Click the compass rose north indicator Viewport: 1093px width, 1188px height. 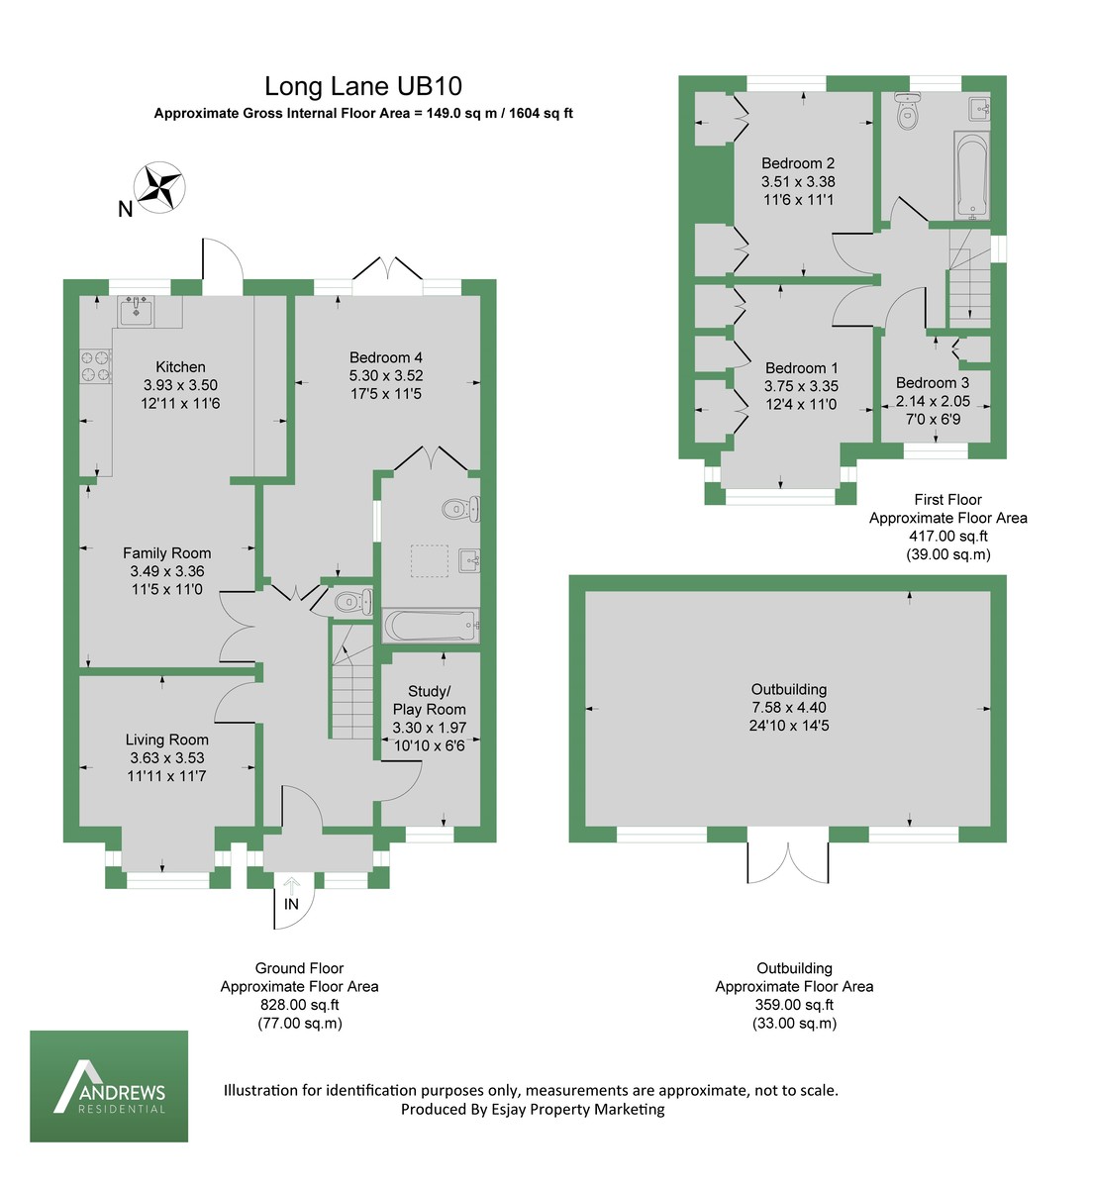[x=159, y=187]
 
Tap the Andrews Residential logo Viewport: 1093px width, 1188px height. [x=109, y=1086]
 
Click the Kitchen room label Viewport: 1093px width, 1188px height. [x=180, y=367]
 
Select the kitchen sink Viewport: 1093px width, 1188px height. [x=136, y=311]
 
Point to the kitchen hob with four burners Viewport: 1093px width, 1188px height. [x=95, y=366]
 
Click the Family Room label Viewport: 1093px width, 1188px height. [x=166, y=553]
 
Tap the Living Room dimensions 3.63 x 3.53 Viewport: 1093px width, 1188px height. [x=166, y=758]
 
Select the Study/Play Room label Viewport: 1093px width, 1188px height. [x=429, y=700]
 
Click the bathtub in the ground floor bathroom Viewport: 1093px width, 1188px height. [x=431, y=626]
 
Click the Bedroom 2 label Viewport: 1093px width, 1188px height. [x=798, y=163]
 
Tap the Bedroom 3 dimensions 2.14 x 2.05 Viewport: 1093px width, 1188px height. [x=933, y=401]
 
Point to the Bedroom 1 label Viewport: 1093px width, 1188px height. [x=801, y=368]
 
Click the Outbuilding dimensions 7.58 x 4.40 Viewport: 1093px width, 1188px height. [x=788, y=708]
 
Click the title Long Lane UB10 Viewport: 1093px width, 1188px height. [x=363, y=87]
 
